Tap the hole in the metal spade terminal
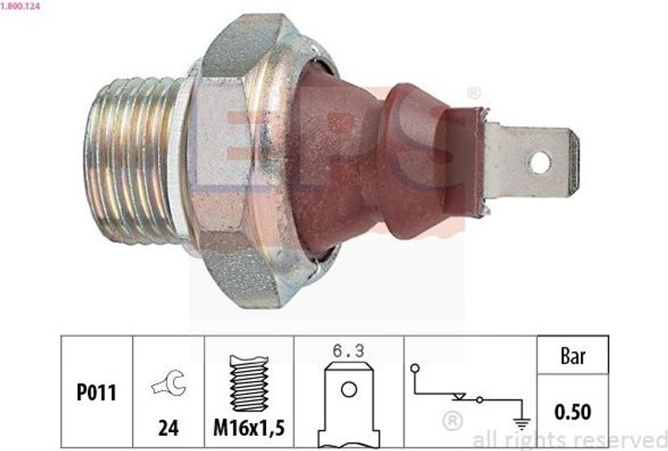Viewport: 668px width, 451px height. click(x=539, y=163)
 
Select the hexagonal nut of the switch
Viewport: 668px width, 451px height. click(x=238, y=160)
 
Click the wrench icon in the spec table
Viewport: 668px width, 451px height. click(x=168, y=385)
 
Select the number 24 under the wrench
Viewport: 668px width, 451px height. click(x=168, y=428)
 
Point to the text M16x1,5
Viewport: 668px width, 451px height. click(x=249, y=428)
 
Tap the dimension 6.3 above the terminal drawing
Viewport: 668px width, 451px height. click(x=348, y=351)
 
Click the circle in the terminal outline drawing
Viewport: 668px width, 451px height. click(x=349, y=390)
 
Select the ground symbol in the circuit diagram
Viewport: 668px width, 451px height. click(x=521, y=423)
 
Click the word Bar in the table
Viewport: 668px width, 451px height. click(x=572, y=356)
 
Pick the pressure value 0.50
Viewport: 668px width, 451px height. click(x=572, y=412)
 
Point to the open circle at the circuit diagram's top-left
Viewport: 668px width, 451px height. click(x=414, y=369)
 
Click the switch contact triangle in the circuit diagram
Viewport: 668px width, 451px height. click(x=459, y=396)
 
